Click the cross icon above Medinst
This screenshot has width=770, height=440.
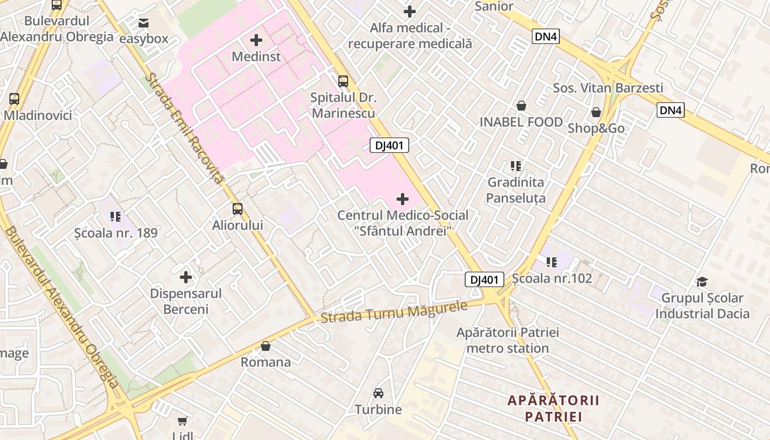tap(256, 40)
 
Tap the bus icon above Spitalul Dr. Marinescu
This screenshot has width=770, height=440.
tap(343, 81)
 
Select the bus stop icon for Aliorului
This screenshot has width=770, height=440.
tap(238, 209)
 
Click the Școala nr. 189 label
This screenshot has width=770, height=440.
tap(116, 233)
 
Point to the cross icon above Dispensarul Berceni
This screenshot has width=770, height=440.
tap(186, 277)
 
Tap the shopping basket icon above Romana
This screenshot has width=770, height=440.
tap(266, 346)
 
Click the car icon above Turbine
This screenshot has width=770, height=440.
tap(378, 393)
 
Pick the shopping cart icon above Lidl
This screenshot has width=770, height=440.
tap(183, 421)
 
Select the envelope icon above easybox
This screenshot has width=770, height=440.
tap(144, 23)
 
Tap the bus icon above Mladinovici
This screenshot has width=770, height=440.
tap(14, 99)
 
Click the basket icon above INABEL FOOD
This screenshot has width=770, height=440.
tap(521, 106)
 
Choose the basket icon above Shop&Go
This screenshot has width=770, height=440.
tap(596, 113)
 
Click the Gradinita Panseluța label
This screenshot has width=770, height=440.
tap(516, 190)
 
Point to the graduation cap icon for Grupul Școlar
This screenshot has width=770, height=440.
tap(702, 282)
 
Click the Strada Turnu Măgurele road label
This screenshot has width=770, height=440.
tap(394, 312)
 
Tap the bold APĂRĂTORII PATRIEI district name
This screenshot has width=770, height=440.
tap(553, 408)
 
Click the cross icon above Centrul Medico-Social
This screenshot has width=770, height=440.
tap(403, 199)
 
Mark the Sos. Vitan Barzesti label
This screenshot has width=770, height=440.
tap(608, 88)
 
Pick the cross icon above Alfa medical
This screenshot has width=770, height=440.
tap(410, 11)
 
